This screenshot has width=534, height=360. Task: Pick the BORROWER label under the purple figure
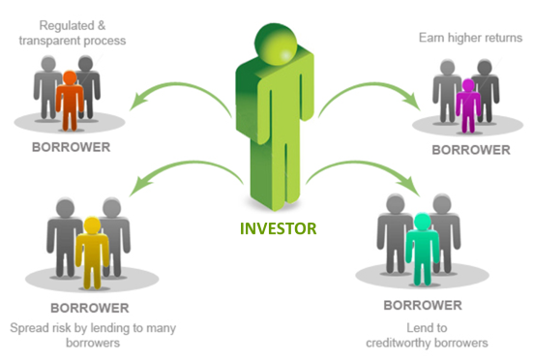click(x=469, y=150)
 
